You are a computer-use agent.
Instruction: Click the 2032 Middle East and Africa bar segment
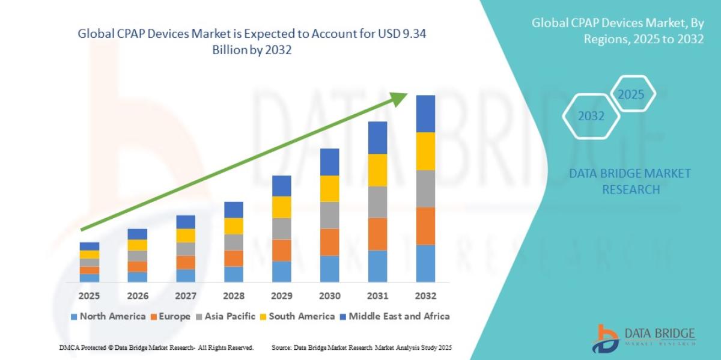pos(425,114)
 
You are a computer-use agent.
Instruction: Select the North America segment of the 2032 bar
pos(425,263)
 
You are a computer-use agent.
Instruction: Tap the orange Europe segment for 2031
pos(377,234)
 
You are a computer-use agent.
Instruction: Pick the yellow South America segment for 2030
pos(329,188)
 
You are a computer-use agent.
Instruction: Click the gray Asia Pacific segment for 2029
pos(281,228)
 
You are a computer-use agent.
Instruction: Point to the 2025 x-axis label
pos(89,296)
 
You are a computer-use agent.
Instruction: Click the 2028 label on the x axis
pos(233,296)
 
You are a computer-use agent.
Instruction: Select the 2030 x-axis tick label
pos(329,296)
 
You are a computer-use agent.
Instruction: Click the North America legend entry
pos(108,316)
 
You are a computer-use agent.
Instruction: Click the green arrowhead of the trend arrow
pos(400,99)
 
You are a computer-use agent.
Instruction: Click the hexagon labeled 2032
pos(591,117)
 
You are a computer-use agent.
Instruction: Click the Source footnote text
pos(361,348)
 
